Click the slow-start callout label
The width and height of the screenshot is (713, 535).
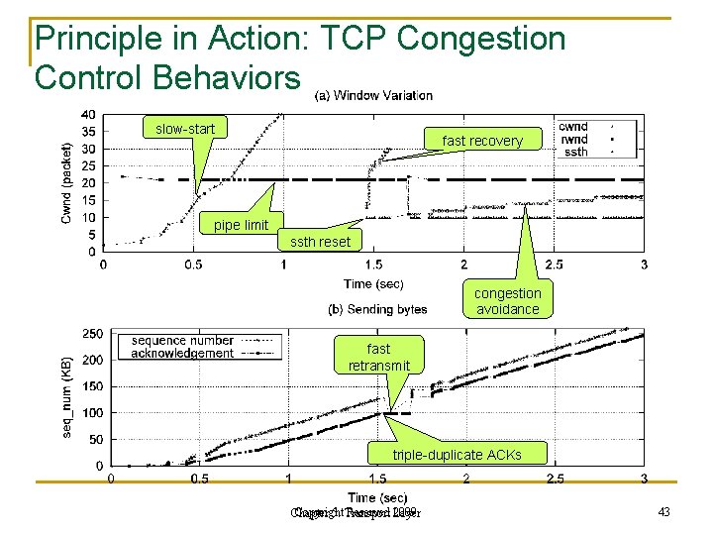pyautogui.click(x=185, y=129)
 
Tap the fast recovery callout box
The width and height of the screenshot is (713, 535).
pyautogui.click(x=482, y=141)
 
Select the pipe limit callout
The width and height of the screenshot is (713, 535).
pyautogui.click(x=241, y=225)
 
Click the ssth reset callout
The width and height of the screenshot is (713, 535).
pyautogui.click(x=320, y=242)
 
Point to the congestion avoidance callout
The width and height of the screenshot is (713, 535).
pyautogui.click(x=507, y=301)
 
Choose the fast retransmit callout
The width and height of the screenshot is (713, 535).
pyautogui.click(x=378, y=357)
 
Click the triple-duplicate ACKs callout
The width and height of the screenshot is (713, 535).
pyautogui.click(x=458, y=455)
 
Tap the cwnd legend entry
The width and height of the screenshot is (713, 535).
pyautogui.click(x=573, y=127)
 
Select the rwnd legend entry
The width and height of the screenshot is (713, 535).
pyautogui.click(x=573, y=140)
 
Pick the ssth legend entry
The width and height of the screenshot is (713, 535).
pyautogui.click(x=575, y=152)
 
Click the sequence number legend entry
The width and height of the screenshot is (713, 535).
pyautogui.click(x=183, y=341)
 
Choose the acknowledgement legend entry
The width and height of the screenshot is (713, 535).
pyautogui.click(x=183, y=353)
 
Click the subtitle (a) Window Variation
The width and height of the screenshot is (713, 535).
pyautogui.click(x=373, y=96)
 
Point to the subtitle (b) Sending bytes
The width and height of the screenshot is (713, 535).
pyautogui.click(x=377, y=310)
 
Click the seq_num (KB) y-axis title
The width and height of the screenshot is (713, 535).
pyautogui.click(x=67, y=396)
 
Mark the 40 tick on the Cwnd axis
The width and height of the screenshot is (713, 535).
pyautogui.click(x=89, y=114)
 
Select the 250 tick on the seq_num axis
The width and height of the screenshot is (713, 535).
pyautogui.click(x=92, y=333)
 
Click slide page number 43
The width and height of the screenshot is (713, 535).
pyautogui.click(x=663, y=511)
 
